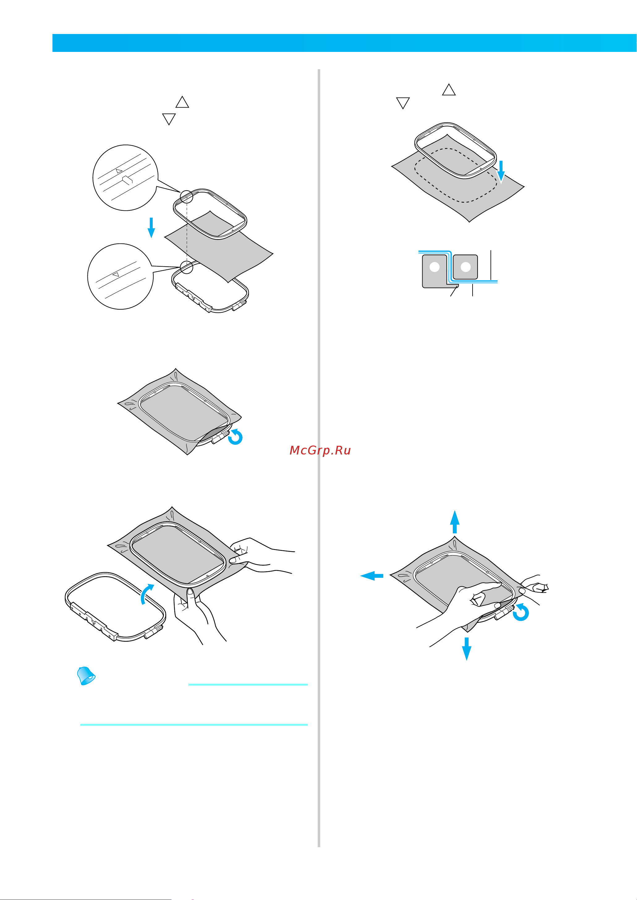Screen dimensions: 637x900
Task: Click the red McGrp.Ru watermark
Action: (320, 450)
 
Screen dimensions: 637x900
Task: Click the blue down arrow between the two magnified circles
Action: (151, 228)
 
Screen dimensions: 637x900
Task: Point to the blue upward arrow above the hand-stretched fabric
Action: (454, 522)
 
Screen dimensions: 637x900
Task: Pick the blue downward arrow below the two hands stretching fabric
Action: (466, 649)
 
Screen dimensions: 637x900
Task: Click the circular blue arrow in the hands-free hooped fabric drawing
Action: (235, 437)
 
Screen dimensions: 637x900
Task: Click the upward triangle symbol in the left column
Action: (182, 102)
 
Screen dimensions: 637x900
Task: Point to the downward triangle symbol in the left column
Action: (169, 119)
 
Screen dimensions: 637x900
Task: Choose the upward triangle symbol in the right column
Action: (449, 90)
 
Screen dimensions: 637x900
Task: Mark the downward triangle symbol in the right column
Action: (403, 103)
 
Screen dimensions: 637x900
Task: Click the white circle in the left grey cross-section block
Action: (435, 267)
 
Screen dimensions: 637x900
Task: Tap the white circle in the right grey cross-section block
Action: (465, 267)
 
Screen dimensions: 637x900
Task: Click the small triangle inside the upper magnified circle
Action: (119, 171)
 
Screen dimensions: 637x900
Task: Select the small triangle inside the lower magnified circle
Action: (116, 274)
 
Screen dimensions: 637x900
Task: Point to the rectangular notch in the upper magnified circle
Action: (127, 180)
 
